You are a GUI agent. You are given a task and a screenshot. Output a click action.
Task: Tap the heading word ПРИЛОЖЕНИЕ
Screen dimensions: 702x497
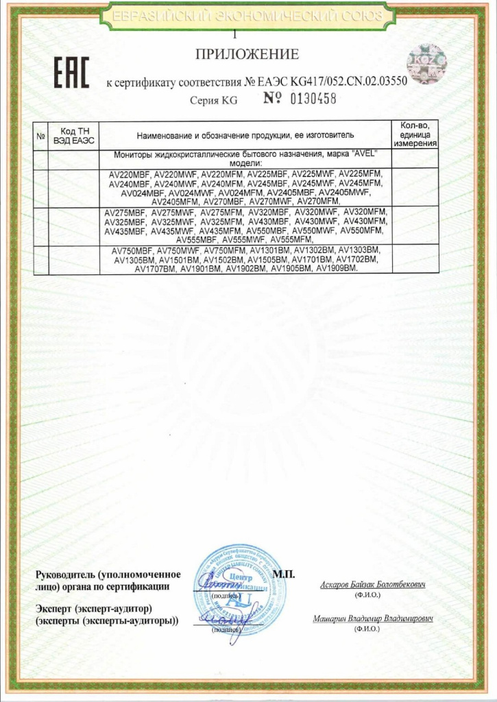click(247, 54)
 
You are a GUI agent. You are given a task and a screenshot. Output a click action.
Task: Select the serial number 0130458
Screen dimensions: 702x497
click(308, 99)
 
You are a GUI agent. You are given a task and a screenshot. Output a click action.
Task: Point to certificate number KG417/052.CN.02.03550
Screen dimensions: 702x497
click(334, 82)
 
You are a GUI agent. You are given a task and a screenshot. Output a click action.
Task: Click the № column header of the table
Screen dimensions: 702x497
click(40, 136)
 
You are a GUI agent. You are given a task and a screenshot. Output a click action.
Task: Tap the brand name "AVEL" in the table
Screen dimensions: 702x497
click(364, 156)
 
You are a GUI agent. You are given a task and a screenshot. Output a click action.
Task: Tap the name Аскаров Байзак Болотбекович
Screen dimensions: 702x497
click(373, 585)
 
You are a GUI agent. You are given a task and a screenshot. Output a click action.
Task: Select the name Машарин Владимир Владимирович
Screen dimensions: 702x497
click(373, 618)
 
